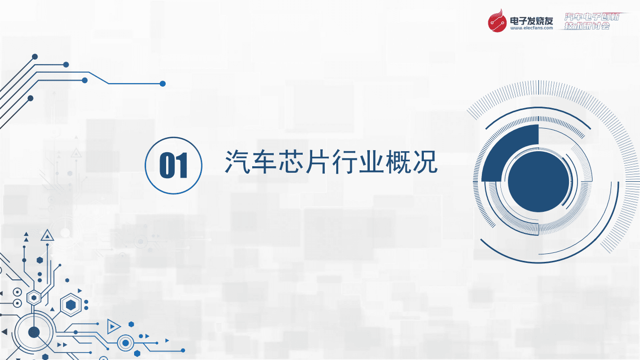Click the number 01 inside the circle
pyautogui.click(x=173, y=166)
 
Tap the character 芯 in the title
pyautogui.click(x=291, y=162)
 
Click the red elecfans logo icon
pyautogui.click(x=497, y=22)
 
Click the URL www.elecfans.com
pyautogui.click(x=531, y=29)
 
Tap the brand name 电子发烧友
pyautogui.click(x=531, y=21)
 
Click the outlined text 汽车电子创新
pyautogui.click(x=592, y=17)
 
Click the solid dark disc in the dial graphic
pyautogui.click(x=538, y=181)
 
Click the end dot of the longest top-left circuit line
pyautogui.click(x=163, y=84)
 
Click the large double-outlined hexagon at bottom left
pyautogui.click(x=71, y=304)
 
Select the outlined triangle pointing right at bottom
pyautogui.click(x=114, y=326)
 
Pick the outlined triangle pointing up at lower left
pyautogui.click(x=47, y=235)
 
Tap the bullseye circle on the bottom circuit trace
pyautogui.click(x=126, y=343)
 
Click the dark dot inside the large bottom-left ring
pyautogui.click(x=34, y=331)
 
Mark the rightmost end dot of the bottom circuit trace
pyautogui.click(x=183, y=350)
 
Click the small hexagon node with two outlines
pyautogui.click(x=34, y=297)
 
